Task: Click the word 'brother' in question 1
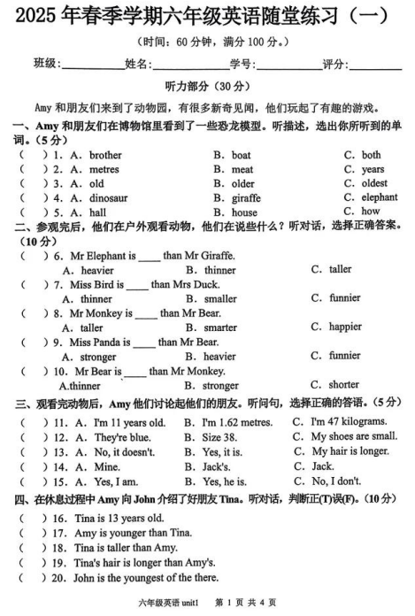coord(105,155)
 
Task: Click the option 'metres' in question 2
coord(104,169)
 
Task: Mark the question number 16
coord(60,519)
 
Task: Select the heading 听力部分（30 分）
coord(208,87)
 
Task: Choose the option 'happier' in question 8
coord(344,327)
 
